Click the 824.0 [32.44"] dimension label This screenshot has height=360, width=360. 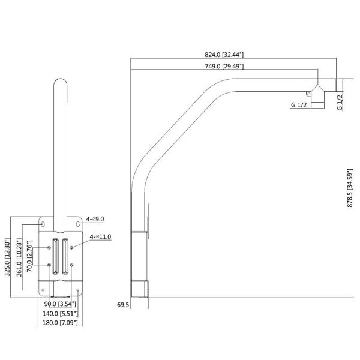point(224,55)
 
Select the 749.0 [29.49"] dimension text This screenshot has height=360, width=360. point(224,66)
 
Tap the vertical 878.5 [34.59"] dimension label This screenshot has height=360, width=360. point(350,188)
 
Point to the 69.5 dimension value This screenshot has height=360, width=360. point(123,305)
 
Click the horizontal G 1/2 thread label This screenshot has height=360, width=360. point(299,105)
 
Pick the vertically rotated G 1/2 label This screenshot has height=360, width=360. point(340,103)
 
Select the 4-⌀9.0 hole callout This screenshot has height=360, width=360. point(95,219)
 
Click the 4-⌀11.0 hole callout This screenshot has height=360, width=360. point(100,236)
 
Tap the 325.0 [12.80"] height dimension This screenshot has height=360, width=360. point(8,257)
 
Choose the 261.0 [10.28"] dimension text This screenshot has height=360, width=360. point(19,257)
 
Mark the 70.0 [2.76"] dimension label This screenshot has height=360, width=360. point(29,256)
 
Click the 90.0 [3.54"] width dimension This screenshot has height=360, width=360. point(60,304)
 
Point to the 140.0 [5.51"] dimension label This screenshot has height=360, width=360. point(61,313)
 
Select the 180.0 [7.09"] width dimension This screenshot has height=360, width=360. point(60,323)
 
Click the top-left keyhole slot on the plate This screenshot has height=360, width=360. point(43,224)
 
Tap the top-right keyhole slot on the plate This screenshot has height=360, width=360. point(78,224)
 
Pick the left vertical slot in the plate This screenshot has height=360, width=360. point(56,256)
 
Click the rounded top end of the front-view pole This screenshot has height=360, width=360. point(60,82)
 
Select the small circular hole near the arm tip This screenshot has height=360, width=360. point(309,94)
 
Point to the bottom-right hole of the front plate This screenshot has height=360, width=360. point(77,290)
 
